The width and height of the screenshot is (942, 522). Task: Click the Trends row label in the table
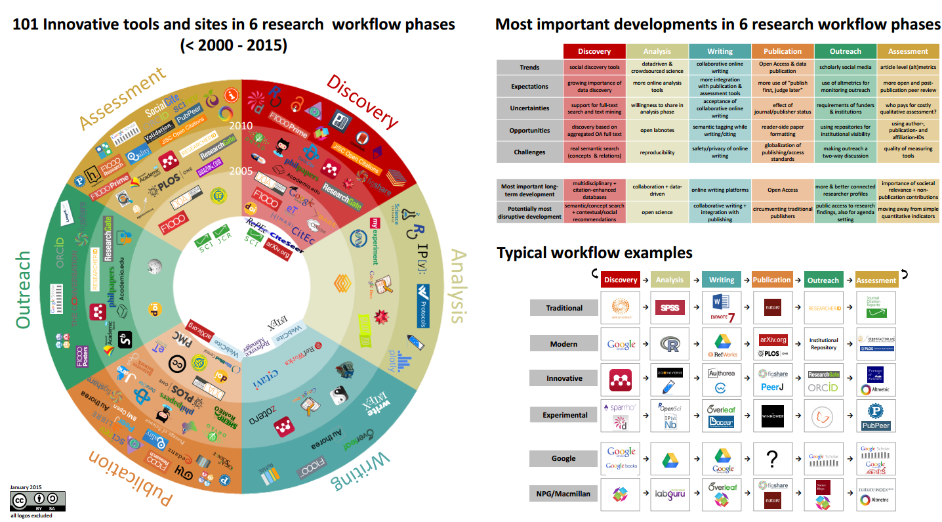point(529,67)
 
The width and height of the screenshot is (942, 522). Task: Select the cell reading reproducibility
point(657,152)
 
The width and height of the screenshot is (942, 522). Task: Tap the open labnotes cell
point(657,130)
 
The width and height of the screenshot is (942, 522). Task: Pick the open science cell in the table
point(657,212)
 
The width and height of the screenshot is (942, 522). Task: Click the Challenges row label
point(529,152)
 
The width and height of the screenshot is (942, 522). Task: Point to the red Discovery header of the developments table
point(594,51)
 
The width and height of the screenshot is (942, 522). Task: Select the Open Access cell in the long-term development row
point(783,190)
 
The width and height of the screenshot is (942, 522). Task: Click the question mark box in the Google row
point(771,458)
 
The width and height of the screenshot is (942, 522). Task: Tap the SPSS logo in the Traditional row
point(670,307)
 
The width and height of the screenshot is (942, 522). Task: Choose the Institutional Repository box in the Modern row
point(823,344)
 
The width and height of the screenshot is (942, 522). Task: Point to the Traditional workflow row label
point(564,308)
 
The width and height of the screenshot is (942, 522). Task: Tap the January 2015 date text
point(26,487)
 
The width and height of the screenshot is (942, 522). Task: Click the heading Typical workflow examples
point(594,253)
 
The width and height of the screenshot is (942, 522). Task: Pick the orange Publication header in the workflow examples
point(771,280)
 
